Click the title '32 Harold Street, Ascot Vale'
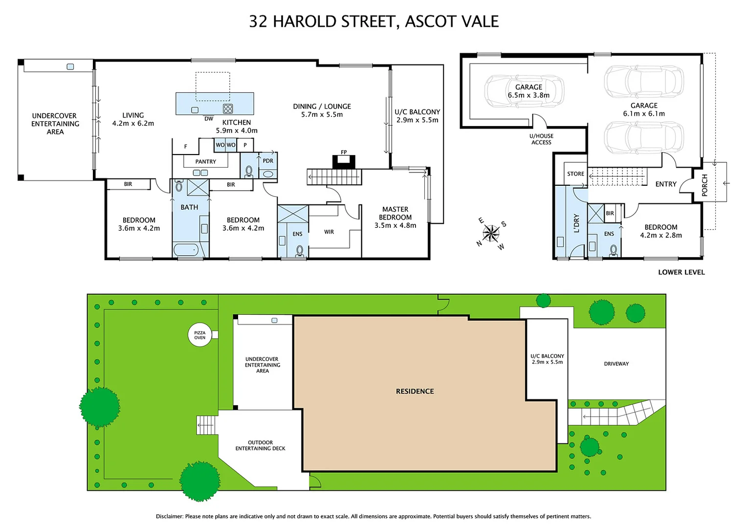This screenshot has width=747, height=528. point(373,22)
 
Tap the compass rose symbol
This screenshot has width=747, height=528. point(491,233)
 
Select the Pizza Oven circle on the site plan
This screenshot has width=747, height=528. point(200,335)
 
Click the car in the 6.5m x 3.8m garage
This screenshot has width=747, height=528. point(524,91)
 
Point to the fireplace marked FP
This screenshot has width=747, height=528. point(344,161)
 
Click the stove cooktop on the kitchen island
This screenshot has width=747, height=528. point(228,109)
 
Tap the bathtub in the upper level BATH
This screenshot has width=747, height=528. point(186,249)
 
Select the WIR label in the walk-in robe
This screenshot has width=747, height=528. point(329,232)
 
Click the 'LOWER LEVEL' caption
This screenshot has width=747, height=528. point(681,272)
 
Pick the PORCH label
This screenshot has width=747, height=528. point(704,185)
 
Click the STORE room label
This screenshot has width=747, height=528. point(575,174)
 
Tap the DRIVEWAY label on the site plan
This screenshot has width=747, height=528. point(616,364)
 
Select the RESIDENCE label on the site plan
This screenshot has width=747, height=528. point(415,391)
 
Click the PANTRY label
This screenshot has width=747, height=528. point(205,161)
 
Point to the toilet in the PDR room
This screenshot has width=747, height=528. point(248,172)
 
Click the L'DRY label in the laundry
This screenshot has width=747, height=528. point(576,223)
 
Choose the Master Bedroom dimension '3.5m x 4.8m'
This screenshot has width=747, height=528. point(395,225)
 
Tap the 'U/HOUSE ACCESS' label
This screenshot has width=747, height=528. point(541,139)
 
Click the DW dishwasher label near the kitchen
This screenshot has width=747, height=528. point(209,119)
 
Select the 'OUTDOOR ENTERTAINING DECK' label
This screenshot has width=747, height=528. point(260,445)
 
